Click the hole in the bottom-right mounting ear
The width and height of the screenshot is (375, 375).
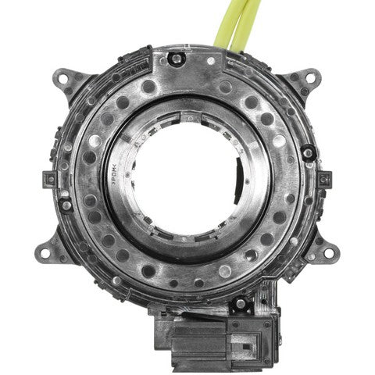[329, 253]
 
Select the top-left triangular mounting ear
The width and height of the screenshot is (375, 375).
[70, 82]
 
